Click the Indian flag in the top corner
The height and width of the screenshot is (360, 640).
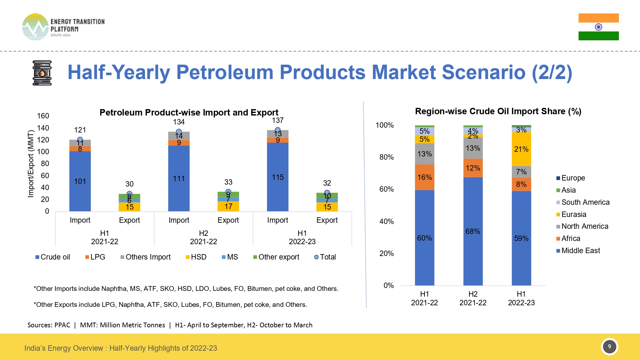tap(598, 27)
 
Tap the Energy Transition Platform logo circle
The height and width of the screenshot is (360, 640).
tap(35, 27)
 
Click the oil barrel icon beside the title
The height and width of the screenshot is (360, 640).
tap(42, 73)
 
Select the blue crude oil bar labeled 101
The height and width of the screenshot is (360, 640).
tap(80, 181)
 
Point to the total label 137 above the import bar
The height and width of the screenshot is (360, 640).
tap(277, 120)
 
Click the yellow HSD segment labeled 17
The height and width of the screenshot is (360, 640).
tap(228, 206)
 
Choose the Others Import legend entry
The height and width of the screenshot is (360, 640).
tap(146, 257)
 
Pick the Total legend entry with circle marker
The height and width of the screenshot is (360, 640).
tap(325, 257)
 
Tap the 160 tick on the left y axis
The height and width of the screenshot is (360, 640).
tap(43, 116)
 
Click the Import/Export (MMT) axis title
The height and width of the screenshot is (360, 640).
tap(31, 164)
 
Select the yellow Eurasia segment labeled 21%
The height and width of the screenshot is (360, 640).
tap(521, 149)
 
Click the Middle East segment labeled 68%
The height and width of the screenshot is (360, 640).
tap(473, 231)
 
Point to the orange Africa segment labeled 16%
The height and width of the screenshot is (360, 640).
tap(424, 177)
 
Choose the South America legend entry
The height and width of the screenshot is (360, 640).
tap(583, 202)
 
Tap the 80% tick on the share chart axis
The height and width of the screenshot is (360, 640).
tap(387, 157)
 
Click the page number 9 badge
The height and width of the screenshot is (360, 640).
tap(609, 347)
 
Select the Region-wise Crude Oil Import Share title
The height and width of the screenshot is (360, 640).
tap(498, 111)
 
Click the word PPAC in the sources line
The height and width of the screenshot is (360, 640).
tap(62, 325)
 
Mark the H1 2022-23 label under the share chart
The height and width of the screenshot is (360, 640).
tap(521, 298)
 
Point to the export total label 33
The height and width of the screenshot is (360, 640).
tap(228, 182)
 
